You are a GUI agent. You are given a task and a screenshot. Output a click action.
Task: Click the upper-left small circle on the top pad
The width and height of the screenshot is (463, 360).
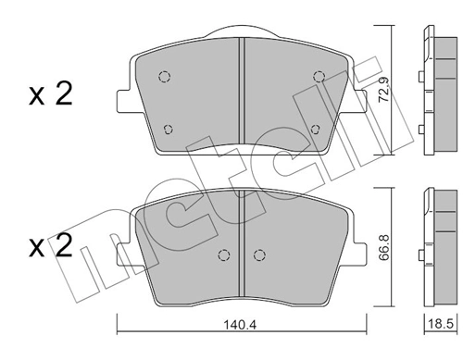tap(165, 77)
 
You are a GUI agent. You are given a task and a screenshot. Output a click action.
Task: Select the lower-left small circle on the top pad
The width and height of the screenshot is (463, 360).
tap(168, 129)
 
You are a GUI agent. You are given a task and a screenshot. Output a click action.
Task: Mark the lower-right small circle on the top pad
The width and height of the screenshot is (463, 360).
tap(315, 129)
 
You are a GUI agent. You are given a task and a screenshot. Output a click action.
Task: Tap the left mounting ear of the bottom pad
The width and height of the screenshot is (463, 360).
tap(121, 247)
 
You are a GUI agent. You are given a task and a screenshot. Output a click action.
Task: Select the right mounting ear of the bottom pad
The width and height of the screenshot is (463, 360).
tap(360, 247)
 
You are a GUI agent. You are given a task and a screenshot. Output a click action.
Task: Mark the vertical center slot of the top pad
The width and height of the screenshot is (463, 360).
tap(241, 93)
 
